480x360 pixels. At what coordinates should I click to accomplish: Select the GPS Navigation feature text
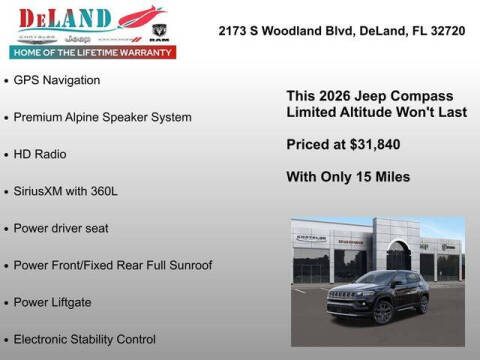coord(57,79)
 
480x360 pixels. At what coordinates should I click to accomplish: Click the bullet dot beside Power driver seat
coord(6,229)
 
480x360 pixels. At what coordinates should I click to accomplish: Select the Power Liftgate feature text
coord(53,302)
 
